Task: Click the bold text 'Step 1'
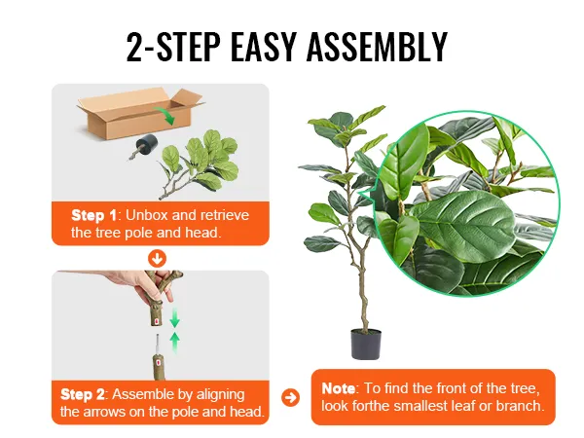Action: point(93,214)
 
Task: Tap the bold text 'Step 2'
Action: point(83,394)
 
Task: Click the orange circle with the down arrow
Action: point(157,258)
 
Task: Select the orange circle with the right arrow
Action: point(289,397)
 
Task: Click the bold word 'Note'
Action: point(339,388)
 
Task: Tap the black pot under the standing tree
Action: point(365,344)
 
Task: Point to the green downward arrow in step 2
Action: point(174,317)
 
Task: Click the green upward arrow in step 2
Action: point(174,341)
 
